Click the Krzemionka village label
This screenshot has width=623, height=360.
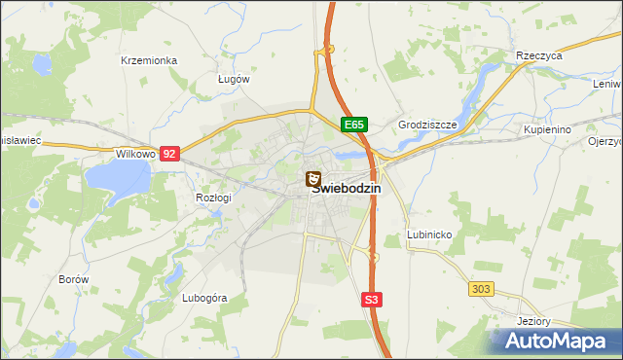pos(148,60)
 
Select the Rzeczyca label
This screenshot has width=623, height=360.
pos(540,56)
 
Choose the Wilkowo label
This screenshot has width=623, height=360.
pos(135,154)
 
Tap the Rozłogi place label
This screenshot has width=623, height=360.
pos(213,198)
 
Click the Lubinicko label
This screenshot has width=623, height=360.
pos(428,235)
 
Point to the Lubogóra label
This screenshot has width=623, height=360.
pos(204,298)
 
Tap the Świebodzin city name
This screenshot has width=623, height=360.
pos(348,190)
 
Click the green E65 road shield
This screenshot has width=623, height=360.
pos(354,125)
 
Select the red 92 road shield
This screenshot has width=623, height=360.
pos(170,154)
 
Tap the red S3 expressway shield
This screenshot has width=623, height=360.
pos(371,300)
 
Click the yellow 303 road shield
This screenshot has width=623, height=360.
pos(480,289)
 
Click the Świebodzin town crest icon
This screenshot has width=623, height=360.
pos(313,179)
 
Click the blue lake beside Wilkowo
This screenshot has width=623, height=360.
pos(117,178)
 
